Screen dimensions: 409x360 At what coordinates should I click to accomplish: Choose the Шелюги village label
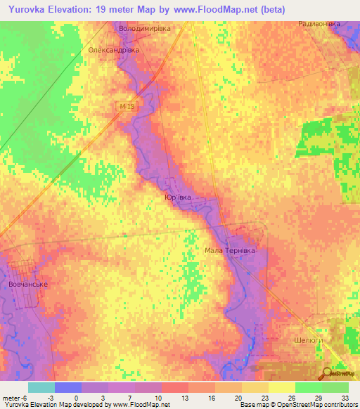[306, 339]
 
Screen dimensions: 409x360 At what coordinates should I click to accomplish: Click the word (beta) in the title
[269, 9]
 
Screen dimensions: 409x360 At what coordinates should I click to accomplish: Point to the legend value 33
[343, 397]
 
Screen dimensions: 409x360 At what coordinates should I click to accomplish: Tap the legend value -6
[27, 397]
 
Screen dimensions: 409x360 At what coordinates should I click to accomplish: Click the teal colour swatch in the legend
[41, 387]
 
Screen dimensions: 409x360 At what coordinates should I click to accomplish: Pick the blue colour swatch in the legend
[68, 387]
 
